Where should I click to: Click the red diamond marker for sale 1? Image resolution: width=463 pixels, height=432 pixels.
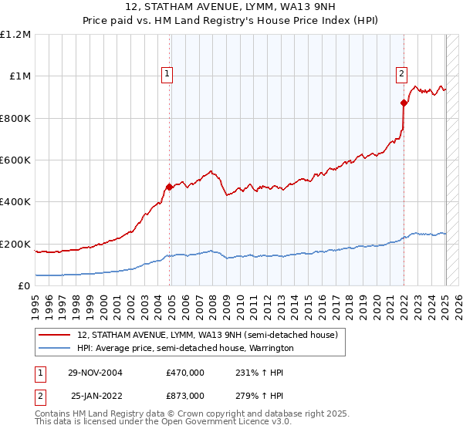pos(170,187)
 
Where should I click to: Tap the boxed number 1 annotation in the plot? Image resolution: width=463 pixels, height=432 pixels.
pos(167,74)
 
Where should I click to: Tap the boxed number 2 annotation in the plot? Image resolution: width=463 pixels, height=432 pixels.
pos(401,74)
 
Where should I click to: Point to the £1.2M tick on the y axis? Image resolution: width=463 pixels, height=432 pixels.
pos(15,35)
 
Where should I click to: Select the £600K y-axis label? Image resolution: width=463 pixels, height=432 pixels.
pos(15,160)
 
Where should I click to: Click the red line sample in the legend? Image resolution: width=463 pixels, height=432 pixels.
pos(55,335)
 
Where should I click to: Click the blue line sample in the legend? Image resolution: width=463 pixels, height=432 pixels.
pos(55,348)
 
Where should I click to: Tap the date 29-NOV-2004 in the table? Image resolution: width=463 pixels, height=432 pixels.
pos(95,372)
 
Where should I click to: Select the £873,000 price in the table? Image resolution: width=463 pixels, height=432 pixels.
pos(185,395)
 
